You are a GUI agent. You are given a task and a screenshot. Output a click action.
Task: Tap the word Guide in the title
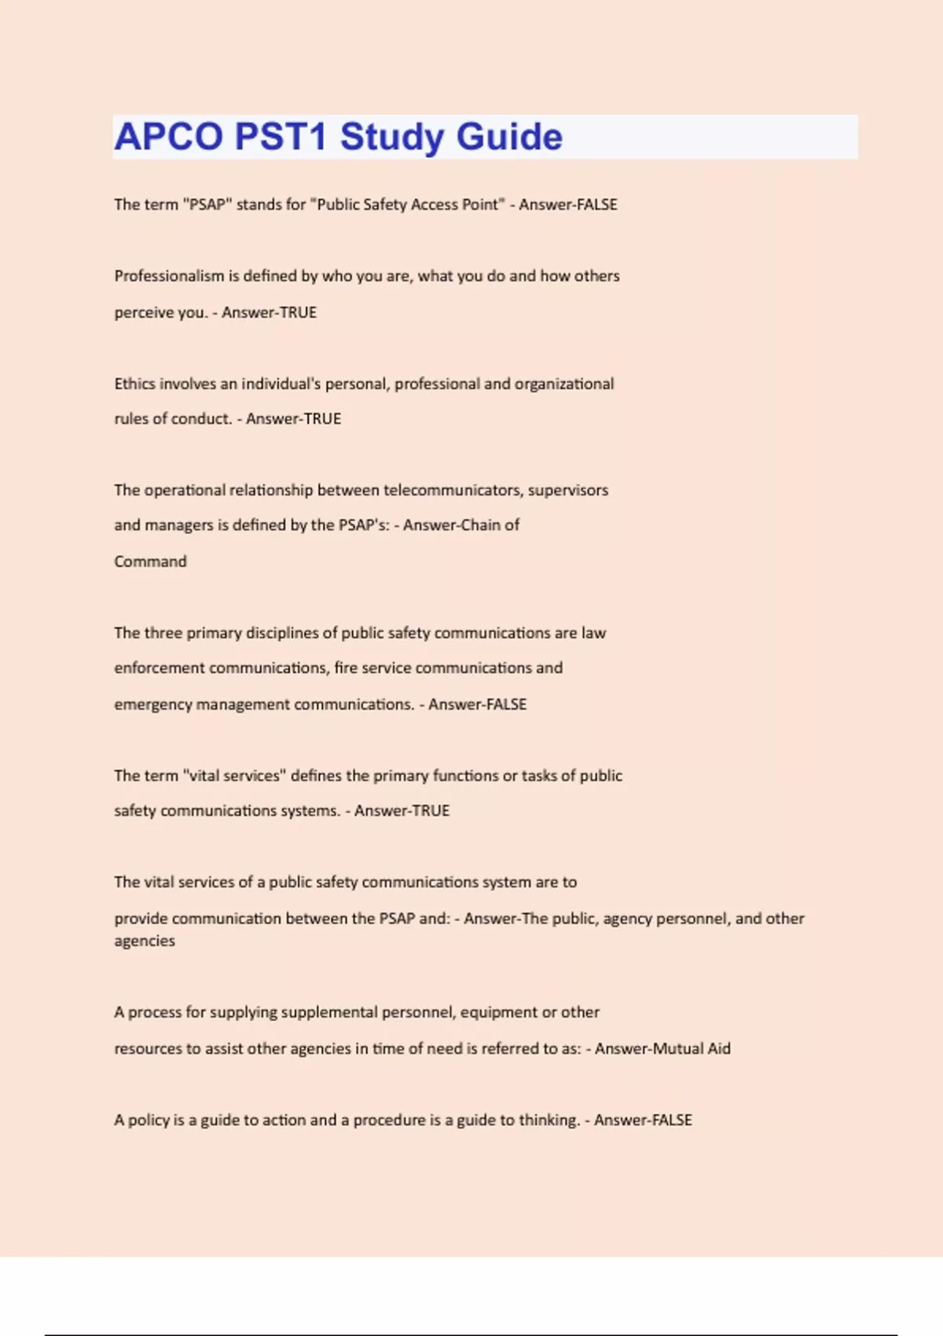(509, 137)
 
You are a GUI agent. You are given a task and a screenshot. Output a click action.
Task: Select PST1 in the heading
(281, 137)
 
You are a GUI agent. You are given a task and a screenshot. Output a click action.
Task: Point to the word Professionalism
(169, 276)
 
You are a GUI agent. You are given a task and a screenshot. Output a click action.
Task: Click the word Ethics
(134, 384)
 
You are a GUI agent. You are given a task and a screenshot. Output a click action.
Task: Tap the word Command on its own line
(150, 561)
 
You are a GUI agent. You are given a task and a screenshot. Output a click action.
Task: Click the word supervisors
(568, 490)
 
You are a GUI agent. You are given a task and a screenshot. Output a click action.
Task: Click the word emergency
(152, 704)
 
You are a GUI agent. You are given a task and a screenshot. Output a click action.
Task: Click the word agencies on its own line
(145, 941)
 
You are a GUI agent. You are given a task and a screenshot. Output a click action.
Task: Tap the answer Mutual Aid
(662, 1048)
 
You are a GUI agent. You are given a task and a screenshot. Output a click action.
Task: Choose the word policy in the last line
(149, 1120)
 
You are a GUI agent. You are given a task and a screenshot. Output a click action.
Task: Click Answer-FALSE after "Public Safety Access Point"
(568, 204)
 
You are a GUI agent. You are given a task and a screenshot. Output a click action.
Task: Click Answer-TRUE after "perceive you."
(269, 312)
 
